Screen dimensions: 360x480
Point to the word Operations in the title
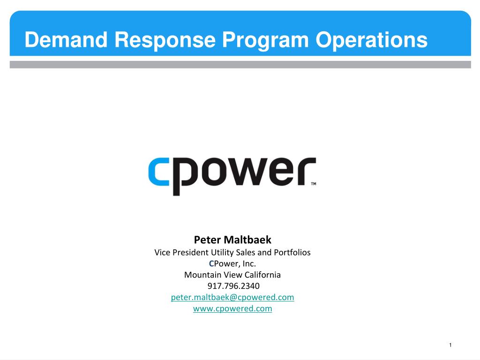coord(371,40)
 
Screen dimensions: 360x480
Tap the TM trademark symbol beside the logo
coord(314,184)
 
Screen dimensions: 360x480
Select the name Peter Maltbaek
coord(232,240)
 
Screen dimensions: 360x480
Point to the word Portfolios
coord(292,253)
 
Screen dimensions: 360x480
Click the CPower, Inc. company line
coord(232,263)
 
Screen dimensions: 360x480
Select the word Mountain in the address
coord(202,275)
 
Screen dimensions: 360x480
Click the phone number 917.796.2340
coord(233,286)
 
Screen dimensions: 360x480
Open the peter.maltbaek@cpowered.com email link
coord(232,297)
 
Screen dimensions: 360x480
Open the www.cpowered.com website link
coord(232,308)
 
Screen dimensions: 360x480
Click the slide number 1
coord(450,345)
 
